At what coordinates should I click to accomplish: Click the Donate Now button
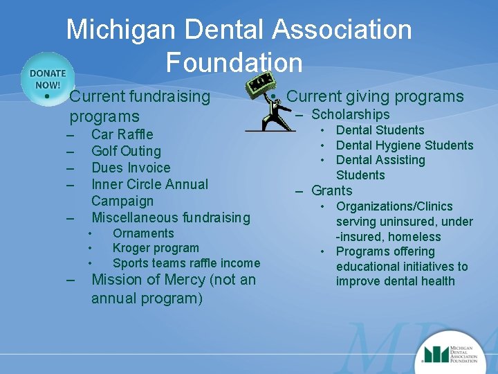47,78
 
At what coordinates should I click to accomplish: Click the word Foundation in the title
234,62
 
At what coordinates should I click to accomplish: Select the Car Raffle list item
122,134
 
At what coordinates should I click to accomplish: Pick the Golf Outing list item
126,150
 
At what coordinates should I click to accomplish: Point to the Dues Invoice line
131,167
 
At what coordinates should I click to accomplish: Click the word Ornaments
143,233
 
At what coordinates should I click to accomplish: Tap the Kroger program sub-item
156,248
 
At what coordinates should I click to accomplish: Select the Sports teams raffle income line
186,262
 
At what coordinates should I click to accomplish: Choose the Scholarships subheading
351,114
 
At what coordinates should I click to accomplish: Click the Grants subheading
332,190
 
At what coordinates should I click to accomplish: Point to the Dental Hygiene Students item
405,145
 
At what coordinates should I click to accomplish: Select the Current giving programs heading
375,96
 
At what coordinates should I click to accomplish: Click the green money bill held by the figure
260,85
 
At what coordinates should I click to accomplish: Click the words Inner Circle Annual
149,184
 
